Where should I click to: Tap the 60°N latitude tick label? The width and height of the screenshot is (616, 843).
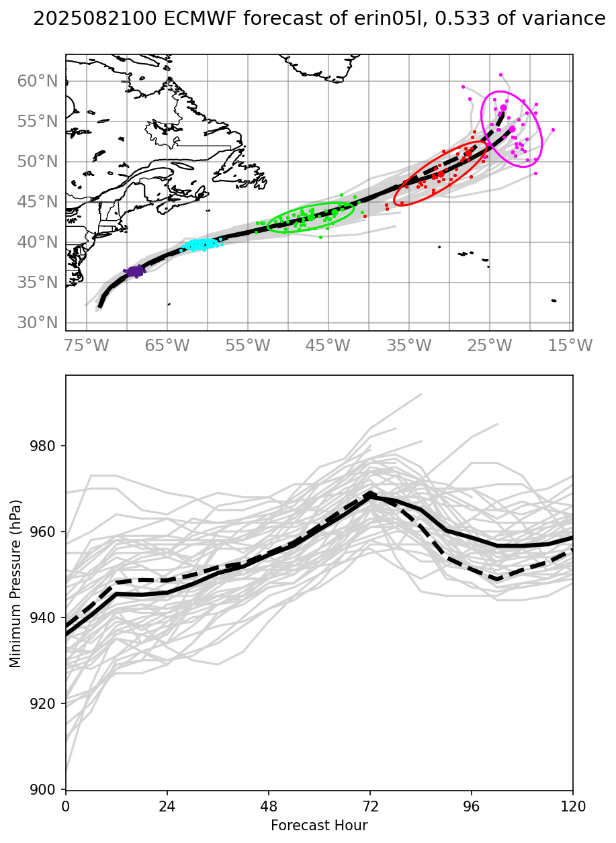37,81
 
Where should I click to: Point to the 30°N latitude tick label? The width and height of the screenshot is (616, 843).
37,323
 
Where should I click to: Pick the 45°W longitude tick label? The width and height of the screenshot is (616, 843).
328,346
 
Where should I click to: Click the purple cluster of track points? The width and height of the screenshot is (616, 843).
135,271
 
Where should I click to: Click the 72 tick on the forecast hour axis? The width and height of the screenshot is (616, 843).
370,804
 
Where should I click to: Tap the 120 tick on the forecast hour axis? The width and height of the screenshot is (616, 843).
573,804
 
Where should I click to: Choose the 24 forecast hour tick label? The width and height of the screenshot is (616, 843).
167,804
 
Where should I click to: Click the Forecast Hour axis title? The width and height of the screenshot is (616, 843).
319,825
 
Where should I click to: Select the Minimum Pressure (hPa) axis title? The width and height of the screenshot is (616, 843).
15,583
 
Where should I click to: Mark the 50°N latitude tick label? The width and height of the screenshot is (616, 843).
37,162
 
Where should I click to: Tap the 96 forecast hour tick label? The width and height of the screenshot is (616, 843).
472,804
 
